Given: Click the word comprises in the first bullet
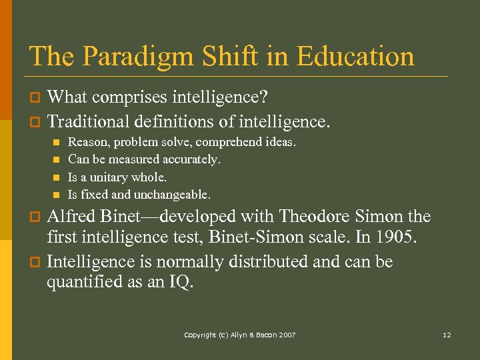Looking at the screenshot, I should coord(125,97).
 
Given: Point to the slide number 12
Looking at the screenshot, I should coord(447,335).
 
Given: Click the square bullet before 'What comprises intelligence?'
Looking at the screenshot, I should coord(37,98).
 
